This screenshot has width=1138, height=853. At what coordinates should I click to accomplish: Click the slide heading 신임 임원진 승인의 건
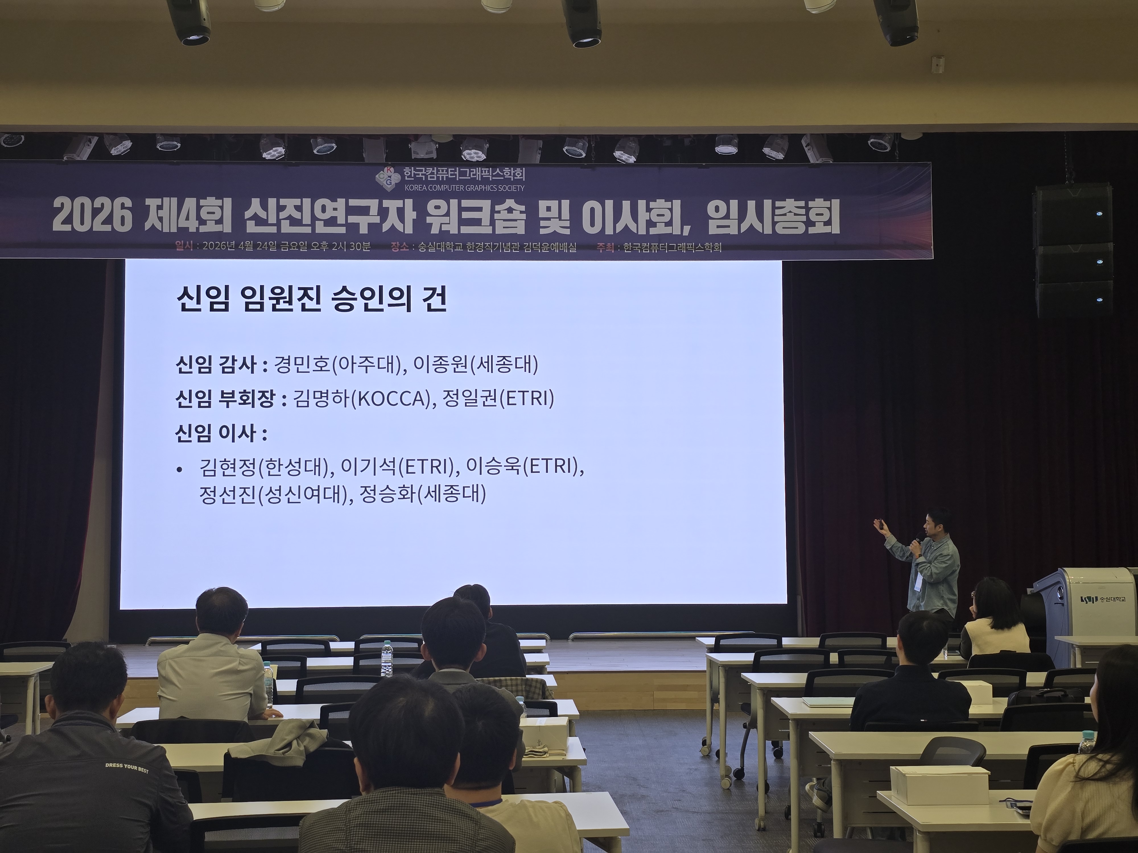point(311,299)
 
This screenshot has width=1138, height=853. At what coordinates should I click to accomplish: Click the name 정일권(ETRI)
point(498,398)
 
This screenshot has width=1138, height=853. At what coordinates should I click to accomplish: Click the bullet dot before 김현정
point(179,469)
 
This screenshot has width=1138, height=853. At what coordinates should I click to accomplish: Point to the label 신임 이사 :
point(221,433)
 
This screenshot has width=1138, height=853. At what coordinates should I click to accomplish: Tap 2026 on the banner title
point(92,216)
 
